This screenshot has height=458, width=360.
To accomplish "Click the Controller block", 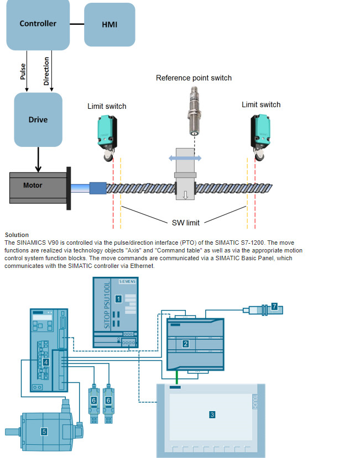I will (38, 24).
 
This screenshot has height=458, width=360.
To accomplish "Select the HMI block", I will (109, 25).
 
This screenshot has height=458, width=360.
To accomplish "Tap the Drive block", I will (38, 119).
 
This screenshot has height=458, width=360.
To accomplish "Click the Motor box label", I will (32, 185).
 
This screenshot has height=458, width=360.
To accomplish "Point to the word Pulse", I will (23, 71).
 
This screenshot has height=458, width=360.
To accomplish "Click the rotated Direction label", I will (46, 71).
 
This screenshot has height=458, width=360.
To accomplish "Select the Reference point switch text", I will (194, 78).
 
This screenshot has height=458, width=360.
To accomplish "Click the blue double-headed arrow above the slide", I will (185, 157).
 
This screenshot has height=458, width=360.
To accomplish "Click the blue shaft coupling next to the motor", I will (97, 188).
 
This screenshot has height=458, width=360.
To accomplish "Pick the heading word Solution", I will (17, 235).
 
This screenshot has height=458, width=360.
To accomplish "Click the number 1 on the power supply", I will (118, 298).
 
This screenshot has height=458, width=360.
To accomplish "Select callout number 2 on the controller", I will (186, 344).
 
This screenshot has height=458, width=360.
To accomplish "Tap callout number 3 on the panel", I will (212, 413).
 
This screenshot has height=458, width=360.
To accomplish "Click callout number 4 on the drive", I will (46, 362).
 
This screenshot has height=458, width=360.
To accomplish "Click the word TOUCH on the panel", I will (255, 402).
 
